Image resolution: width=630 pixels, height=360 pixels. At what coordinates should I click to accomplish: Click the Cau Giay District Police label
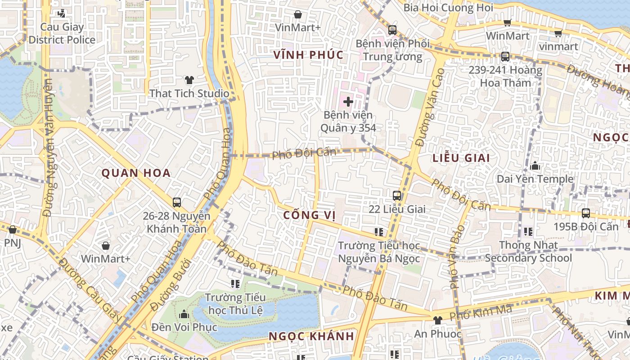click(x=62, y=33)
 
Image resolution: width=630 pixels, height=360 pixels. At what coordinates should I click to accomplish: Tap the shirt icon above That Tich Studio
click(x=189, y=80)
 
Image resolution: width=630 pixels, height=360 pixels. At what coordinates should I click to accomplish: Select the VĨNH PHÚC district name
click(x=309, y=55)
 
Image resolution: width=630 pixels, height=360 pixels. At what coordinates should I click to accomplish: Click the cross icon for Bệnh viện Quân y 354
click(x=348, y=101)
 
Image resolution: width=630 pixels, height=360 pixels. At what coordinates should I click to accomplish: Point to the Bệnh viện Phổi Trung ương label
click(x=392, y=50)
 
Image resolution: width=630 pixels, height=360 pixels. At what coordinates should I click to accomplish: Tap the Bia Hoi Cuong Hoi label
click(x=448, y=8)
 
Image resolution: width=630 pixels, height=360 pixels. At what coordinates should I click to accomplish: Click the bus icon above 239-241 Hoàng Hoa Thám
click(x=505, y=57)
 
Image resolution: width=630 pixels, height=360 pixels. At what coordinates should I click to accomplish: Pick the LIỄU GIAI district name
click(x=461, y=158)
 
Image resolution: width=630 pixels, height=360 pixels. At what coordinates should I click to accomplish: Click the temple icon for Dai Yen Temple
click(x=535, y=166)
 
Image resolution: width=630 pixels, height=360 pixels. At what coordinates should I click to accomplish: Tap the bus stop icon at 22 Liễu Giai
click(x=396, y=196)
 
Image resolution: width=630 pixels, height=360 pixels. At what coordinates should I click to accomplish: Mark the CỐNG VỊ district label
click(x=310, y=215)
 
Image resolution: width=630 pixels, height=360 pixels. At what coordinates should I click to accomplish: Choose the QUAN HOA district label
click(x=136, y=173)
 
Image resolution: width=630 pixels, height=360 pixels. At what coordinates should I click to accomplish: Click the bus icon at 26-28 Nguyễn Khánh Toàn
click(x=177, y=202)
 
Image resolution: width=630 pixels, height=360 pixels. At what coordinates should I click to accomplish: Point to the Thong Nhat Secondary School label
click(x=528, y=252)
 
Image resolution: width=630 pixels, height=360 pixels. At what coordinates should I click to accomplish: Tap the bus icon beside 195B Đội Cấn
click(x=585, y=213)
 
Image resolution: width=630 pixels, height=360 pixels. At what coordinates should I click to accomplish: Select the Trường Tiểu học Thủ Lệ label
click(x=235, y=304)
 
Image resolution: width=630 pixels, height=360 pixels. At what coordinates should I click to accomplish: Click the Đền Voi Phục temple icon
click(x=184, y=314)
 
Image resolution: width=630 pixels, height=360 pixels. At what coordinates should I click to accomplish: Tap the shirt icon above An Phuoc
click(x=437, y=320)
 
